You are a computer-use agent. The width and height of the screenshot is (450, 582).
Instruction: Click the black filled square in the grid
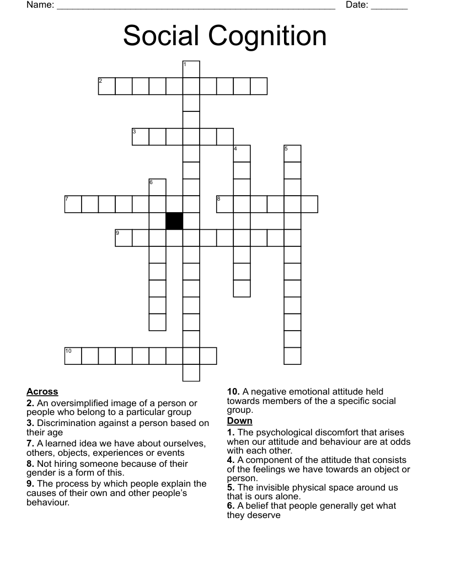(x=174, y=221)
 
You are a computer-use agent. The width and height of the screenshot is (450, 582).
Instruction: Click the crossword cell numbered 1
(x=191, y=69)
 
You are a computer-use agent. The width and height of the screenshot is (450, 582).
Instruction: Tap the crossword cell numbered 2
(x=107, y=86)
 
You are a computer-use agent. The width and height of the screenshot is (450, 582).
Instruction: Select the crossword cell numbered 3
(x=141, y=137)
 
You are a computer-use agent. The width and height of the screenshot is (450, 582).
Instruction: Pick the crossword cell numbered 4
(x=242, y=154)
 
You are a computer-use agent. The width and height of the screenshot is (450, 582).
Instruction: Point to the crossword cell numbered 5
(x=293, y=154)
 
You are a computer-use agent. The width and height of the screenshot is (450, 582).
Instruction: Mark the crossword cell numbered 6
(x=158, y=187)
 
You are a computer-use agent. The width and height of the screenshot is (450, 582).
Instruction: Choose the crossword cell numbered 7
(x=73, y=204)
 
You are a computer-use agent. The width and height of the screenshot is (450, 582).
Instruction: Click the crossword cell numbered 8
(x=225, y=204)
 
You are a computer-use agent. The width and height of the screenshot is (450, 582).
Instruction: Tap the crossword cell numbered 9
(x=124, y=238)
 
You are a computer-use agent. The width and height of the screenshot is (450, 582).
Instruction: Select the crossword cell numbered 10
(x=73, y=355)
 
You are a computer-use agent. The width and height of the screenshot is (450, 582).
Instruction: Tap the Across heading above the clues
(x=42, y=392)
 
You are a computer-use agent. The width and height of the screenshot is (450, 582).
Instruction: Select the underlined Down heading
(x=239, y=421)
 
